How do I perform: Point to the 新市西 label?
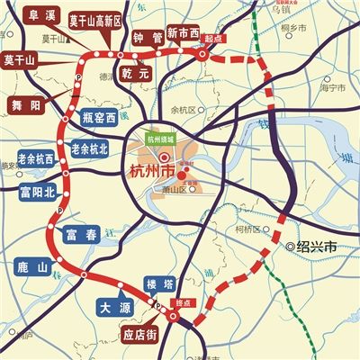(x=184, y=34)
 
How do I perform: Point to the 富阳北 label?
(x=37, y=191)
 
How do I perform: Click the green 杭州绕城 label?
(x=161, y=139)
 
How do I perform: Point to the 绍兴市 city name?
(x=316, y=245)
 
